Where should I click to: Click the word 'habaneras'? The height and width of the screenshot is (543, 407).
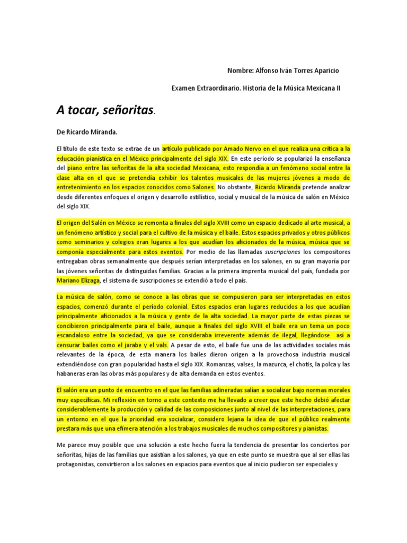click(74, 374)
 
